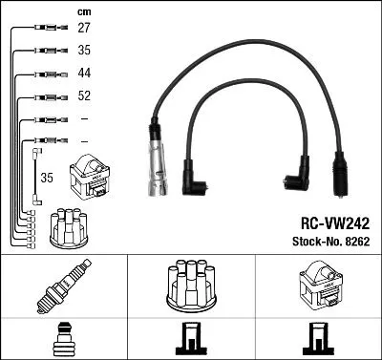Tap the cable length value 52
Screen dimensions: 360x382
(x=84, y=96)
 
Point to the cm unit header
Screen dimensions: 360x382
(x=82, y=11)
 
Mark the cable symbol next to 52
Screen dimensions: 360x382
(x=46, y=96)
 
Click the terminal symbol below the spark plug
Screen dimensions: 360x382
(x=62, y=340)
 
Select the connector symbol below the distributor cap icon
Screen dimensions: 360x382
(x=191, y=340)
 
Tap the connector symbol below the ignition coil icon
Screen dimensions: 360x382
(x=319, y=340)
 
